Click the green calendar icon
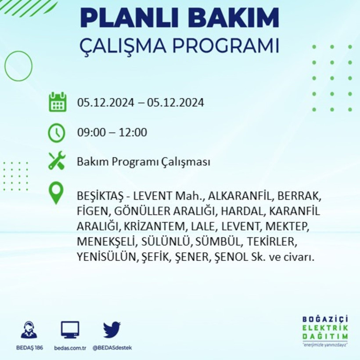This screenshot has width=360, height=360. (57, 102)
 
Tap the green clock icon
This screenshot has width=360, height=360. (57, 133)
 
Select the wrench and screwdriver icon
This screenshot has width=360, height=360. (57, 161)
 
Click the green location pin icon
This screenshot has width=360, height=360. (56, 194)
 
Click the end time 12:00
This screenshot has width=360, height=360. (134, 132)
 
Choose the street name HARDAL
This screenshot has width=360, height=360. (241, 211)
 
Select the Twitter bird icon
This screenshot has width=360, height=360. (112, 329)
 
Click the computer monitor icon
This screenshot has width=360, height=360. (70, 329)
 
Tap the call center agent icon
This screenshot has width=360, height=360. (29, 330)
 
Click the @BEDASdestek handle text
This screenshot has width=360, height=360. (112, 348)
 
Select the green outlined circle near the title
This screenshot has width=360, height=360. (18, 66)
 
